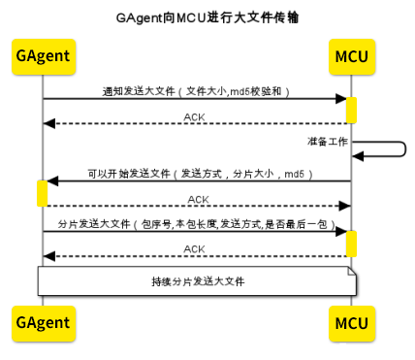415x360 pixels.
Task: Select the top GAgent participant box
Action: pyautogui.click(x=42, y=56)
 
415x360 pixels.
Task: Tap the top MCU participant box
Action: pyautogui.click(x=350, y=56)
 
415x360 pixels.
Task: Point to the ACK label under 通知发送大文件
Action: pyautogui.click(x=195, y=116)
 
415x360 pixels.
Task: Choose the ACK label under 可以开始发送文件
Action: pyautogui.click(x=195, y=198)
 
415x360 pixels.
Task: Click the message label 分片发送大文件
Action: pyautogui.click(x=195, y=223)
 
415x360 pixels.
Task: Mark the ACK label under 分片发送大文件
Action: pyautogui.click(x=195, y=249)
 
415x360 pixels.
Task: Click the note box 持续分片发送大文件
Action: pyautogui.click(x=198, y=281)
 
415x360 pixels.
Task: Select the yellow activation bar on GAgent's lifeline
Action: pyautogui.click(x=42, y=193)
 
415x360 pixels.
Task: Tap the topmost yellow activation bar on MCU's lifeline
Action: pyautogui.click(x=350, y=110)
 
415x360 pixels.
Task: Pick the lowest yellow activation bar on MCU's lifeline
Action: pyautogui.click(x=350, y=244)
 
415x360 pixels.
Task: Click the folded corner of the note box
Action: pyautogui.click(x=353, y=273)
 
